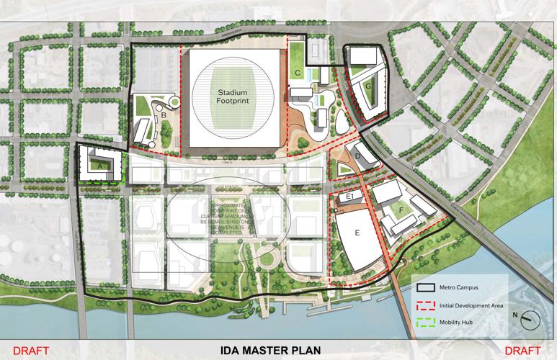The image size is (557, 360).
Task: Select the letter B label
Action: point(164,114)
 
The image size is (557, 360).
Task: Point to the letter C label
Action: point(297,73)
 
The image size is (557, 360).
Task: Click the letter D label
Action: point(357,155)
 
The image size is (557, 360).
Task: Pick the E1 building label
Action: point(352,196)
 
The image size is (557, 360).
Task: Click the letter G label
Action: point(367,86)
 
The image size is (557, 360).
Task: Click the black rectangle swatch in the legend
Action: point(427,287)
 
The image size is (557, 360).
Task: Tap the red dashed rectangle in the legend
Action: point(427,304)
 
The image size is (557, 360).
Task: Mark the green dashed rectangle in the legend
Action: point(427,321)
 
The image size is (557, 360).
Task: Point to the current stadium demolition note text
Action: point(232,215)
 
